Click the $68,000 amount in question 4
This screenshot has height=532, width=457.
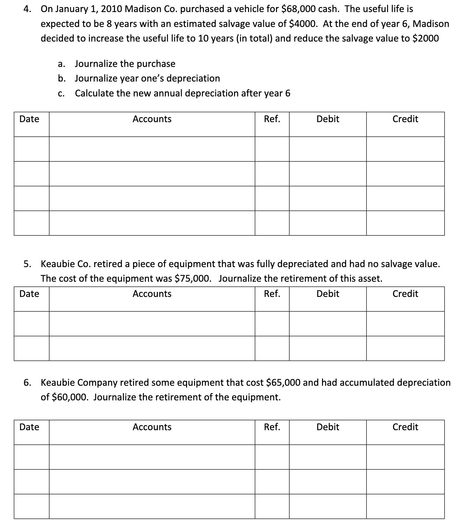299,9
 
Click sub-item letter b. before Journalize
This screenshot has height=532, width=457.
62,78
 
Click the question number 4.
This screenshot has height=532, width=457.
27,9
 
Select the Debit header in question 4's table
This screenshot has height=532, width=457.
328,119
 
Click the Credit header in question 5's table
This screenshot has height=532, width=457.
405,294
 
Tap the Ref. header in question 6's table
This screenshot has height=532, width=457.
272,427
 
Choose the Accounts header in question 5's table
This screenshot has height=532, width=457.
152,294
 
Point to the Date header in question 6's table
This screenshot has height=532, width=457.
29,427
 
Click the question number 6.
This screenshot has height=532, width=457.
27,383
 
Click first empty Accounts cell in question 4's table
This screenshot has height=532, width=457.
152,149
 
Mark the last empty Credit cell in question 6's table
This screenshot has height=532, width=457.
405,507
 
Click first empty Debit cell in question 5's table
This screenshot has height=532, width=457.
328,324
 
